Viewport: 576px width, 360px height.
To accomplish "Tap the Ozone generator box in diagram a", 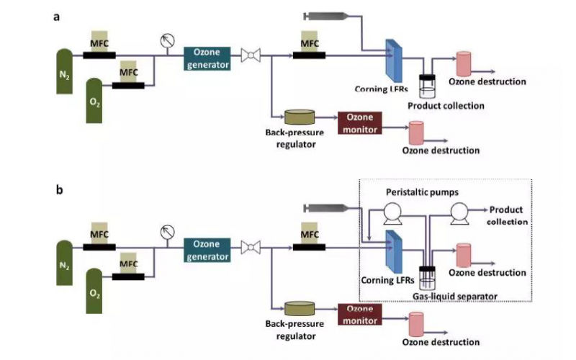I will point(207,58).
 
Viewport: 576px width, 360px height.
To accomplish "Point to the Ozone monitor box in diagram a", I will point(360,122).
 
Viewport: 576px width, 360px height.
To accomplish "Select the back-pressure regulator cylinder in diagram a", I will point(299,117).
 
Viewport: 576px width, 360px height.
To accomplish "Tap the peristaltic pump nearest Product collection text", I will point(459,212).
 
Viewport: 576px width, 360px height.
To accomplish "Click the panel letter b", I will point(59,191).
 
